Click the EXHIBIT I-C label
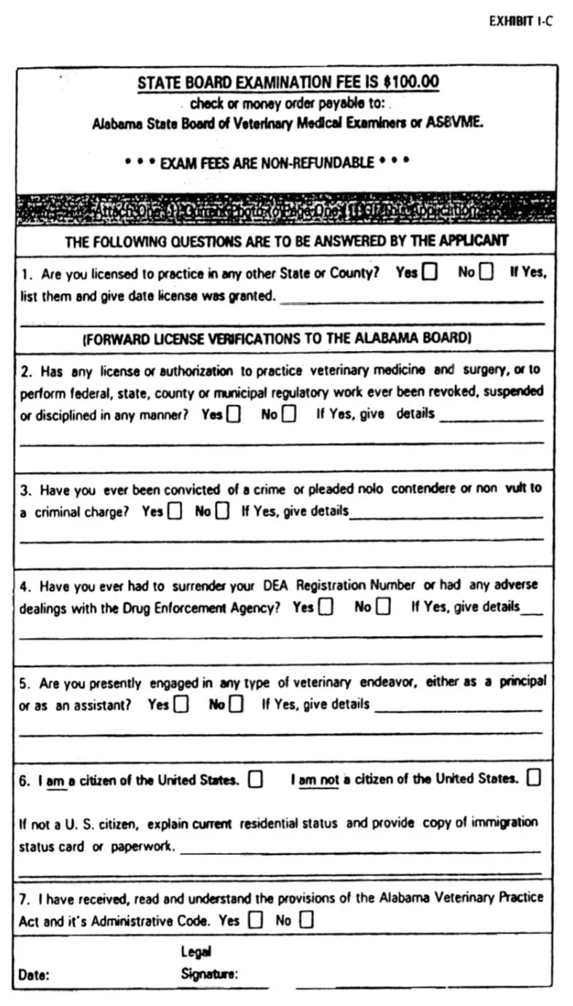(x=520, y=21)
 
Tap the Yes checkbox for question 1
(x=430, y=272)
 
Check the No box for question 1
(x=486, y=272)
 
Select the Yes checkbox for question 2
(x=234, y=414)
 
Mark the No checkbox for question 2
(x=289, y=414)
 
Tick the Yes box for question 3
(x=175, y=511)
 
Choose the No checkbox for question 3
(x=224, y=511)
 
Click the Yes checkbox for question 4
(x=326, y=607)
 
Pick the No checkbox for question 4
(x=383, y=607)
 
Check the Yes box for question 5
(x=181, y=704)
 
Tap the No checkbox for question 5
(x=236, y=704)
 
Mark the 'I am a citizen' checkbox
(x=255, y=779)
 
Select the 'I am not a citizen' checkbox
(x=534, y=778)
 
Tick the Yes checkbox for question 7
(x=255, y=920)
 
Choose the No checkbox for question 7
(x=307, y=920)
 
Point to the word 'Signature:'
(x=210, y=974)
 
